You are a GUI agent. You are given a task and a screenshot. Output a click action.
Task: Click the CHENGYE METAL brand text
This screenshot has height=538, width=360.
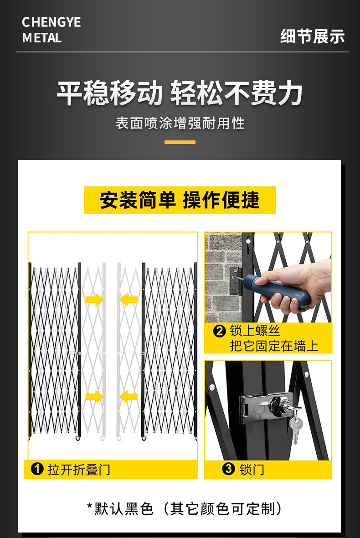point(51,30)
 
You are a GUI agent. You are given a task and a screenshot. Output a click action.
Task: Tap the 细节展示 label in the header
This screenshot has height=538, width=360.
point(312,36)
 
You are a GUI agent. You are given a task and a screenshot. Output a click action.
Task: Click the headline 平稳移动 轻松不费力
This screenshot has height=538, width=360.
point(180,93)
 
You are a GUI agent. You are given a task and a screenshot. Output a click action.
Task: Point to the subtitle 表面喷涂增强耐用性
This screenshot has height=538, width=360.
point(180,123)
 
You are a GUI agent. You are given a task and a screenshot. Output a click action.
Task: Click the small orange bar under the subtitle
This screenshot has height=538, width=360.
point(180,142)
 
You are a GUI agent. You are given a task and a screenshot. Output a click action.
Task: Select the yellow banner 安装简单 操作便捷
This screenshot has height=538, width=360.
point(180,200)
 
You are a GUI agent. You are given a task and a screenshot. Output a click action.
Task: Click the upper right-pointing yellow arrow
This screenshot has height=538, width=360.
point(94,300)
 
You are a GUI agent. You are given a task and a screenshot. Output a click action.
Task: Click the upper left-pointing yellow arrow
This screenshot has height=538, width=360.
point(129,300)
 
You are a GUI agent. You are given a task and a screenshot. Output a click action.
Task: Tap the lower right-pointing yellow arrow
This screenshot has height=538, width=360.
point(94,397)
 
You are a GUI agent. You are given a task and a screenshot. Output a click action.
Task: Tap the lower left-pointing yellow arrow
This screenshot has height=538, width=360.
point(129,397)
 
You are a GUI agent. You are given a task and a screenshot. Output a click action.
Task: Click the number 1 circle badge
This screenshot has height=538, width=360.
point(37,469)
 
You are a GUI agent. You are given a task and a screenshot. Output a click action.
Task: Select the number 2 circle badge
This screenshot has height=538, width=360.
point(220,331)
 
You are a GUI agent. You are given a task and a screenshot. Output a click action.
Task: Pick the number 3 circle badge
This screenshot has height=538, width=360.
point(228,469)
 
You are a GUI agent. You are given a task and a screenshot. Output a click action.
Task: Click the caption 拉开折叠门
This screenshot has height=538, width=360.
point(79,469)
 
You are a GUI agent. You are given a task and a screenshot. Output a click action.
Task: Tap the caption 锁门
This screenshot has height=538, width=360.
point(252,469)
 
